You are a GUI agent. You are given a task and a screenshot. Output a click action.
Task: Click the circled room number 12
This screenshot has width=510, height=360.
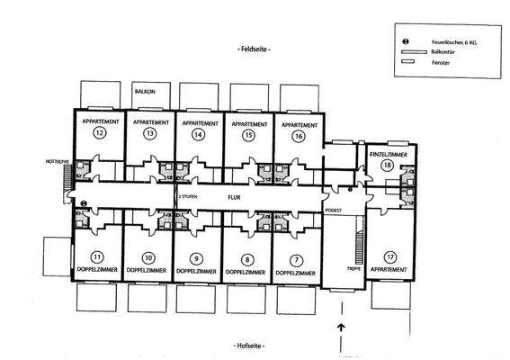[x=98, y=134]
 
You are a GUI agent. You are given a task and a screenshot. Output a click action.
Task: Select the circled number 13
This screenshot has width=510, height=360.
[x=149, y=134]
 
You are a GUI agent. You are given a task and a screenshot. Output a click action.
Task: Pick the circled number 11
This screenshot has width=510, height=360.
[x=97, y=256]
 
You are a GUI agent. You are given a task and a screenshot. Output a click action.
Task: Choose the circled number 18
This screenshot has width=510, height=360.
[x=388, y=166]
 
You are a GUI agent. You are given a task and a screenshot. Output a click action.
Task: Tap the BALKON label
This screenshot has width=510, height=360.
[x=144, y=92]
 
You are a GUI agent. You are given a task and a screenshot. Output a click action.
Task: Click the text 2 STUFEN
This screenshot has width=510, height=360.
[x=187, y=193]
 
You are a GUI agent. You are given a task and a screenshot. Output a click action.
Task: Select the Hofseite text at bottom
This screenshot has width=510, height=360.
[x=253, y=345]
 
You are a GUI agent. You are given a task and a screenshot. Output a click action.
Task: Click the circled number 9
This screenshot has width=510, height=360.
[x=198, y=256]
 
